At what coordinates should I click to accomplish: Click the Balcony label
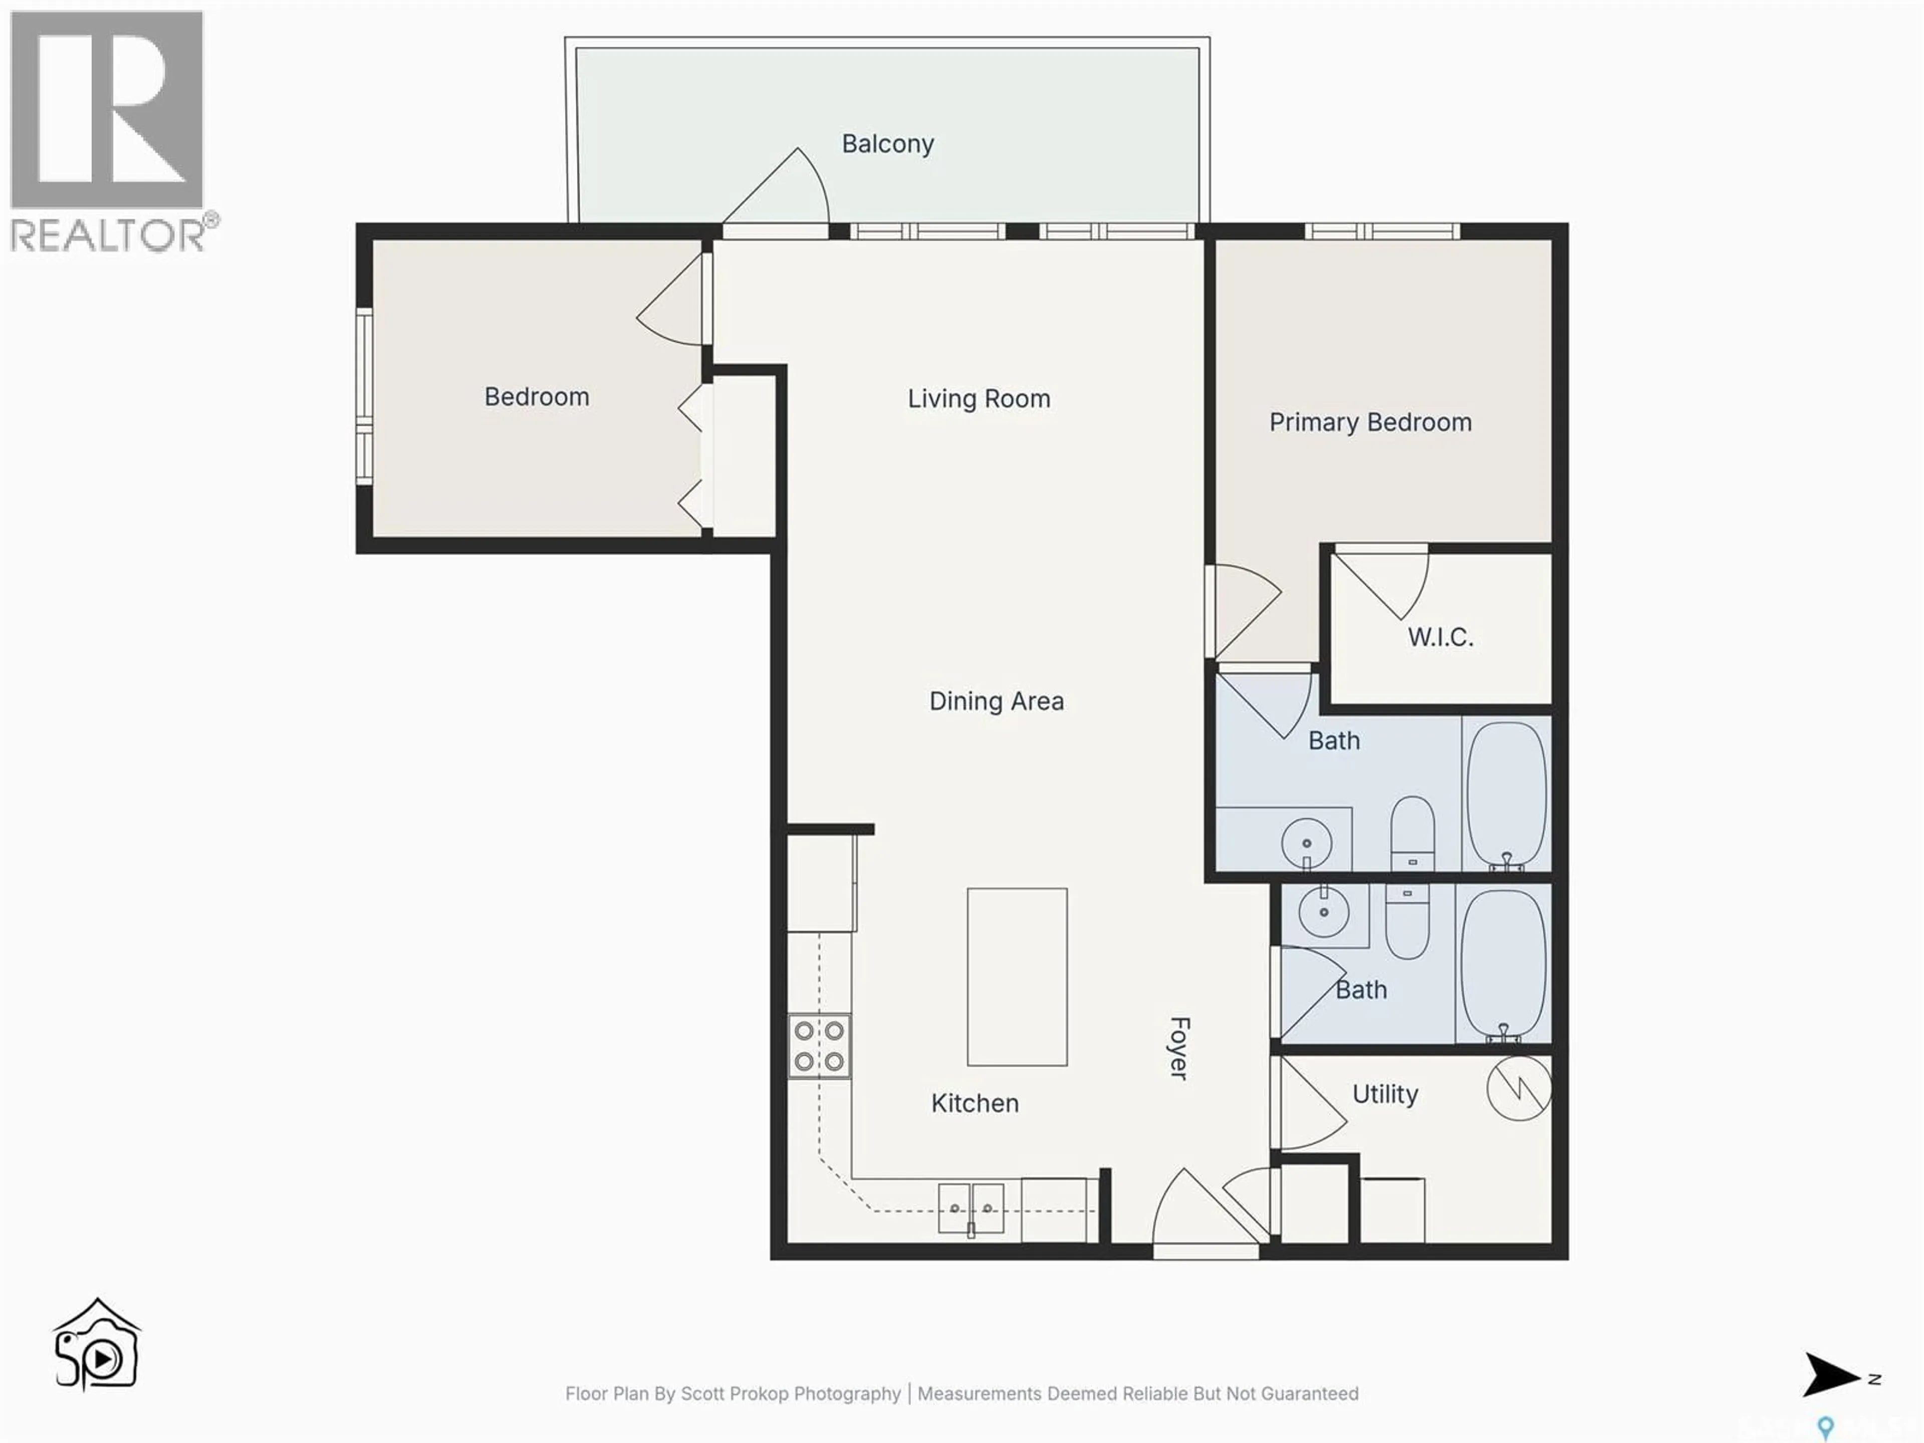coord(887,143)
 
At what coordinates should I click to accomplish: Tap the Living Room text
coord(979,398)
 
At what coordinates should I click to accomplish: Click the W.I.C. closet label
coord(1440,637)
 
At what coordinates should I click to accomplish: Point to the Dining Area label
coord(996,701)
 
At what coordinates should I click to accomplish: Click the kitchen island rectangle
coord(1017,976)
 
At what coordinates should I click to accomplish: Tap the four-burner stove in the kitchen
coord(819,1046)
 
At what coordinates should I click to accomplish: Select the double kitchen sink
coord(971,1208)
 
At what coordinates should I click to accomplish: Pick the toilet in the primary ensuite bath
coord(1412,831)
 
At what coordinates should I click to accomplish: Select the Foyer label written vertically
coord(1178,1048)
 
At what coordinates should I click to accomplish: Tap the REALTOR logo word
coord(109,235)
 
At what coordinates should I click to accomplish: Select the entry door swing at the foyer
coord(1205,1209)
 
